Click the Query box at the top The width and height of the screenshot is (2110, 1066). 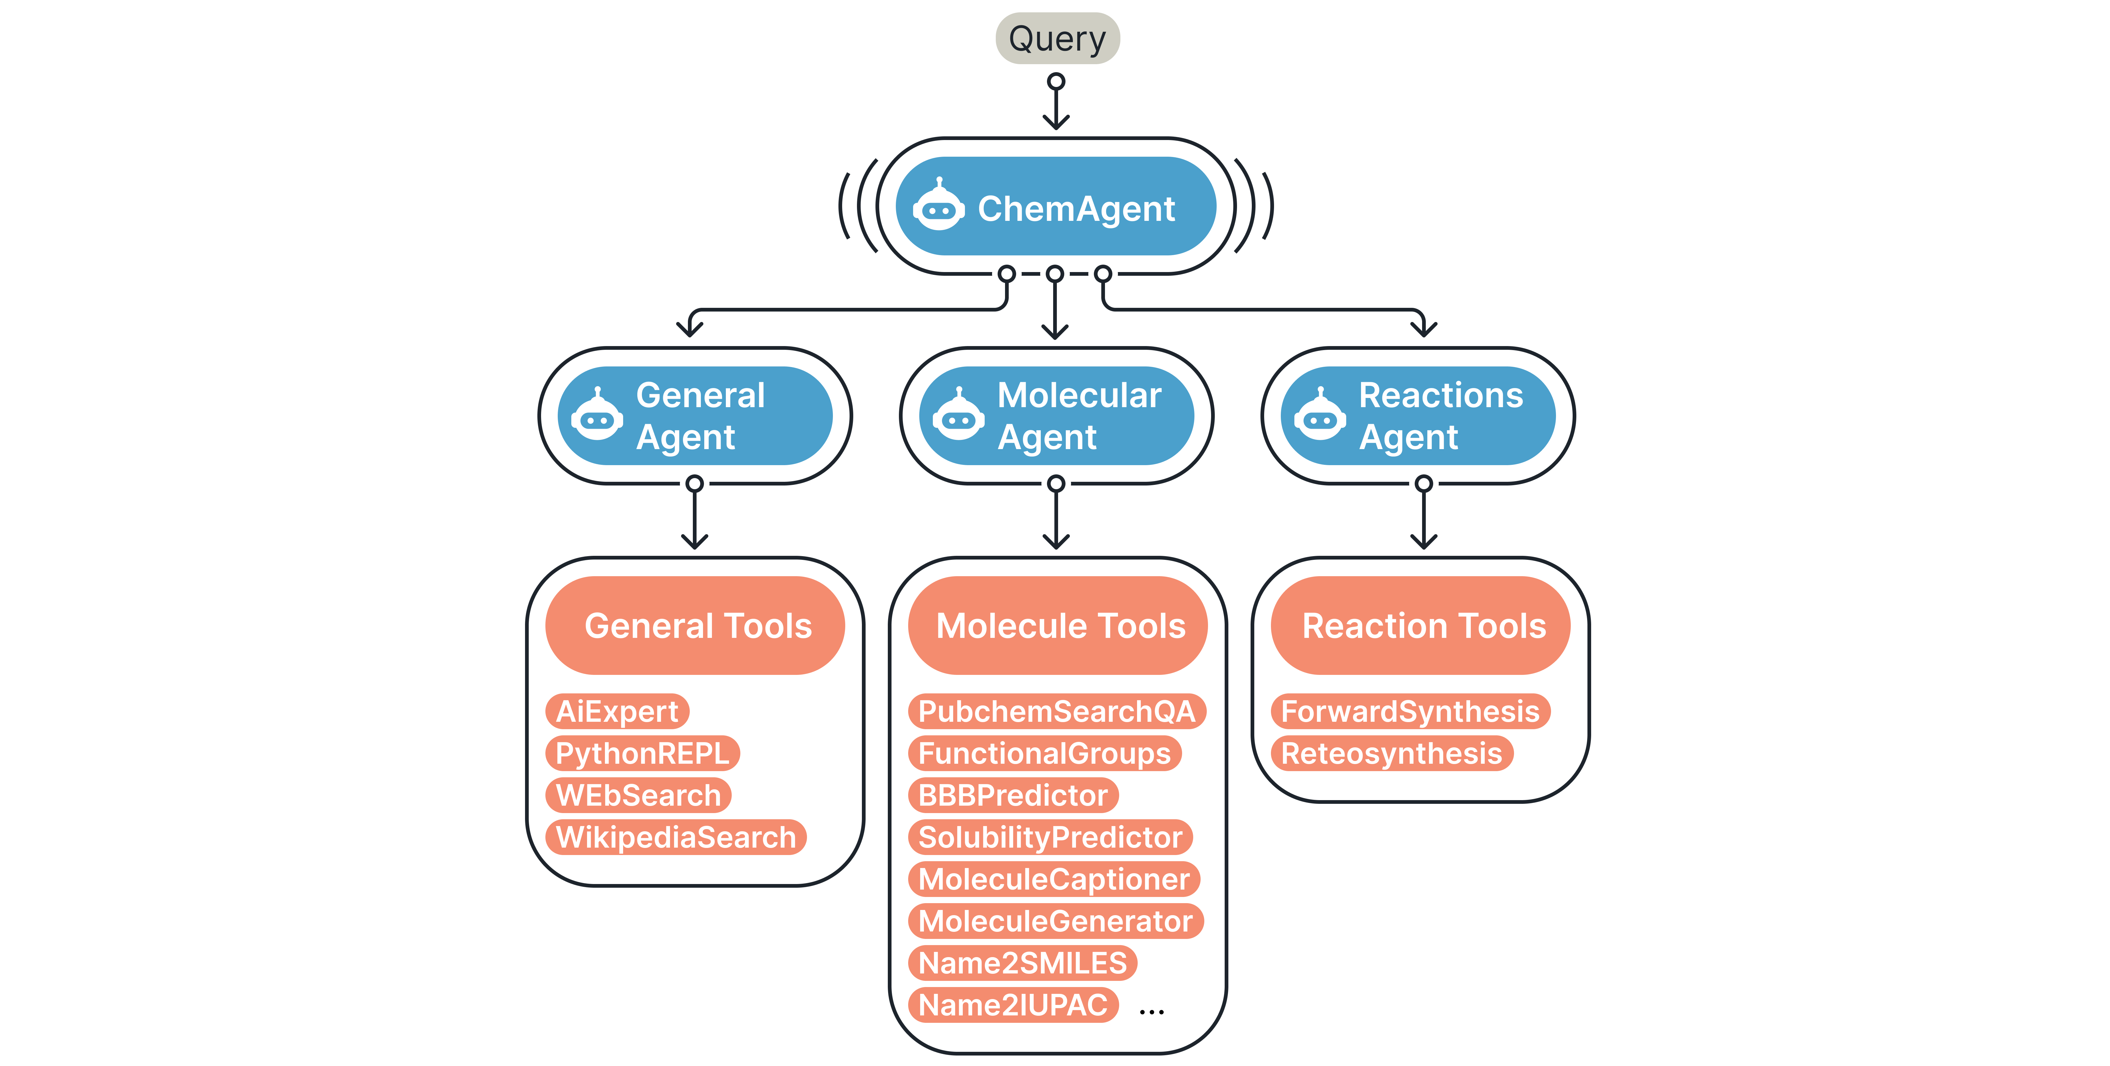point(1057,39)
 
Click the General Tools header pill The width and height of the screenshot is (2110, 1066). point(695,626)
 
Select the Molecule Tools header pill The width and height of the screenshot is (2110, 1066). point(1057,626)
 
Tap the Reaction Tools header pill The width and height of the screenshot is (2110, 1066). point(1420,626)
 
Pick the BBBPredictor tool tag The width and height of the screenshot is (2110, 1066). point(1013,795)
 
